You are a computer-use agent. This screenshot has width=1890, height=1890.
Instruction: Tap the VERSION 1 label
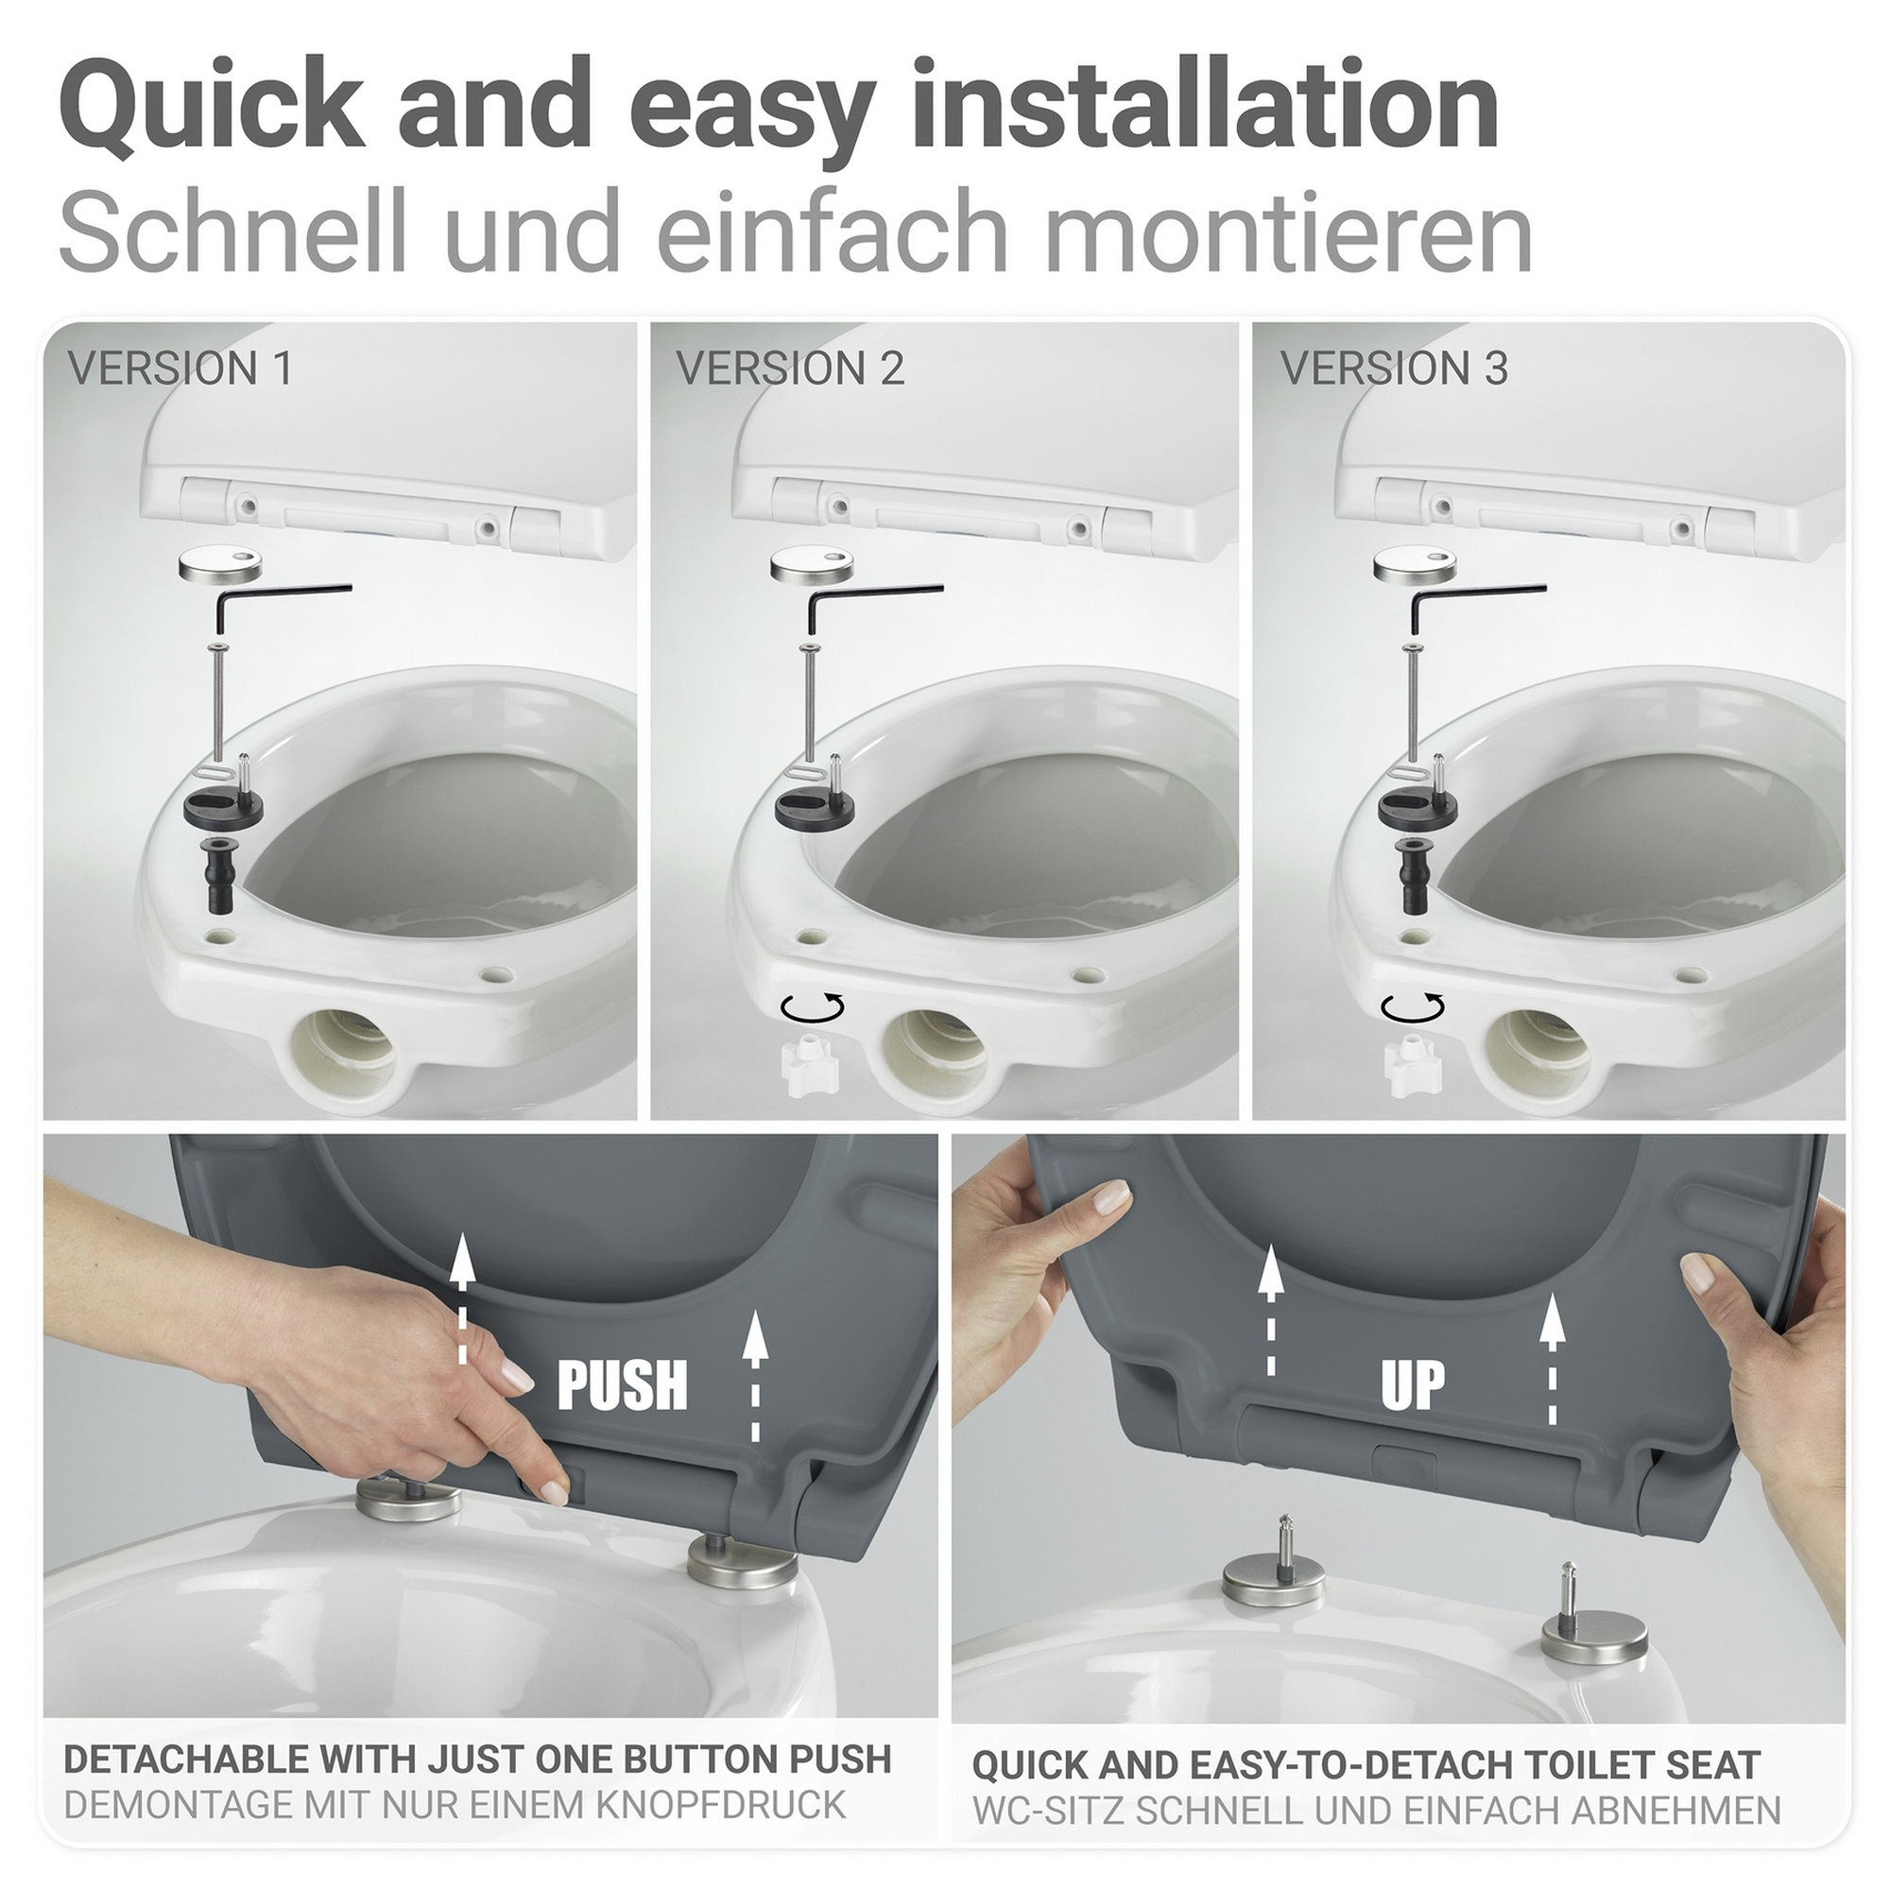pos(180,369)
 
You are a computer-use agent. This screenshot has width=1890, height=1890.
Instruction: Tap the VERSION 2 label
pos(789,369)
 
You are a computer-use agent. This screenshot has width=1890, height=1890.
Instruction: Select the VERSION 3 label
pos(1394,369)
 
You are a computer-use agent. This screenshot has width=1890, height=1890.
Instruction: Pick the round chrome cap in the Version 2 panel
pos(811,565)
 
